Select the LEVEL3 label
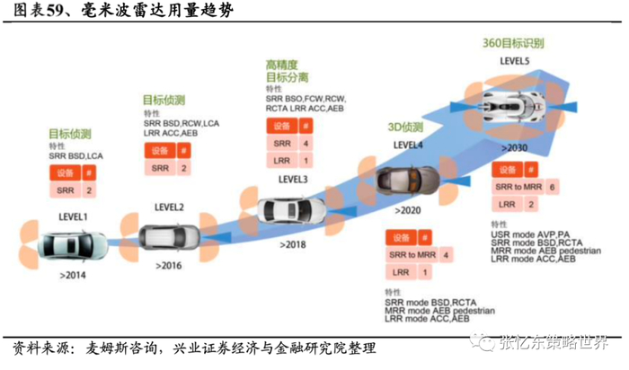(x=293, y=179)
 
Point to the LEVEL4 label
(x=409, y=145)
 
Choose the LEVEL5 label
(x=515, y=61)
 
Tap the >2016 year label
(x=169, y=267)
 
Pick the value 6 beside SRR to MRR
(x=552, y=186)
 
